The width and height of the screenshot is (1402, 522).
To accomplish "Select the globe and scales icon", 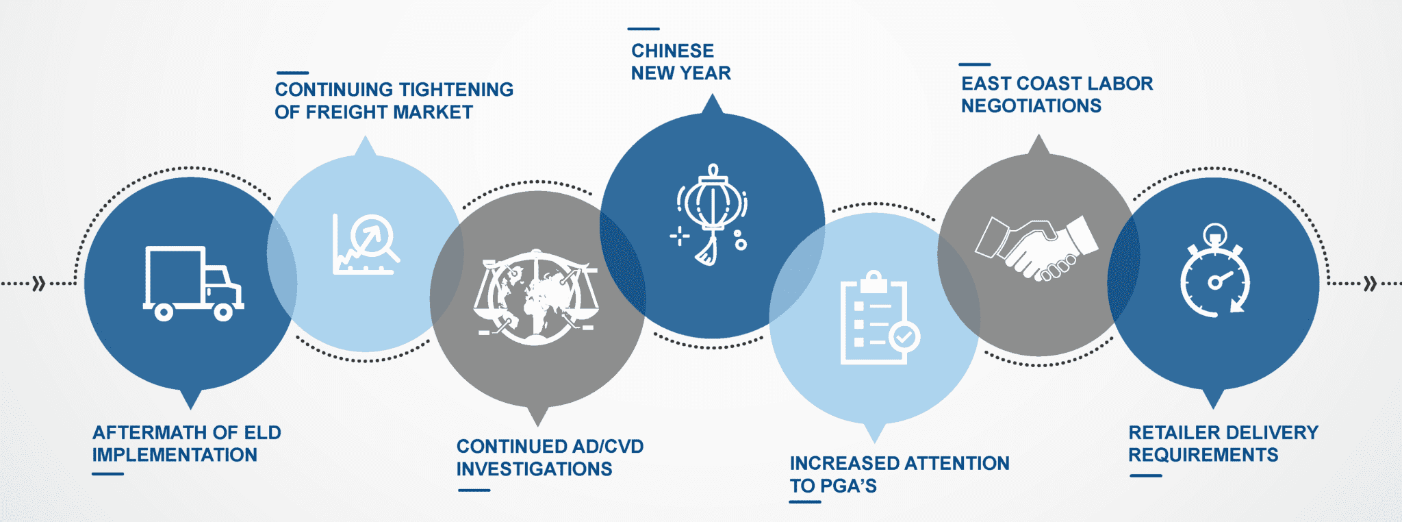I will click(536, 297).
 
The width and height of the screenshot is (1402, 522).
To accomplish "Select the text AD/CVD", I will click(608, 447).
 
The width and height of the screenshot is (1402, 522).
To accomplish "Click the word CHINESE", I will click(672, 51).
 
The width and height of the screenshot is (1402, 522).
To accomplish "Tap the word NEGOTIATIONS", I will click(1031, 106).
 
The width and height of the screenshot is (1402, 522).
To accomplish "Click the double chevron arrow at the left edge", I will click(39, 283).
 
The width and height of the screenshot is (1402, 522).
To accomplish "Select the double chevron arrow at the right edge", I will click(1370, 283).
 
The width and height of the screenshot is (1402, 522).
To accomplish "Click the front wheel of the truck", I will click(223, 312).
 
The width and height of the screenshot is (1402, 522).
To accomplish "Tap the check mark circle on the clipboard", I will click(904, 336).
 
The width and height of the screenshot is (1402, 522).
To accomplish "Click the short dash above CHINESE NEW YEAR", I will click(643, 29).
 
